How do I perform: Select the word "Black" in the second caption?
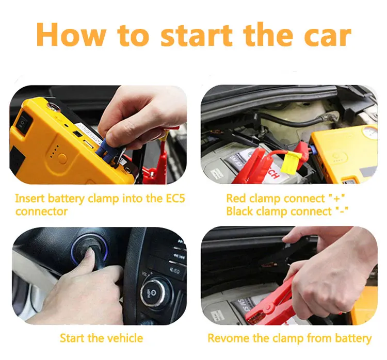click(241, 211)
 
